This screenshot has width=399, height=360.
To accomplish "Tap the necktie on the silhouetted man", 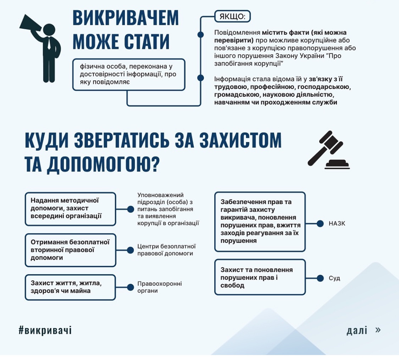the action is pyautogui.click(x=49, y=43).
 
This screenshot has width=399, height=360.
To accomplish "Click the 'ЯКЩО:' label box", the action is pyautogui.click(x=233, y=17).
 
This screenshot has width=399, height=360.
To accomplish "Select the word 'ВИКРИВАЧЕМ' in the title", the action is pyautogui.click(x=126, y=18).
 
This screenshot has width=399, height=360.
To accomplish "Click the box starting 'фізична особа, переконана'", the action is pyautogui.click(x=129, y=74).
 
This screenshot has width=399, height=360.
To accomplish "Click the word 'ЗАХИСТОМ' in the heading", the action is pyautogui.click(x=240, y=140).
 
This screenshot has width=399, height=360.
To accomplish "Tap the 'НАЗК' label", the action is pyautogui.click(x=337, y=224).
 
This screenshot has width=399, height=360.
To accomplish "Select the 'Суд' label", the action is pyautogui.click(x=334, y=278).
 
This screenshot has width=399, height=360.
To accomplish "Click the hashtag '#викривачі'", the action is pyautogui.click(x=45, y=330).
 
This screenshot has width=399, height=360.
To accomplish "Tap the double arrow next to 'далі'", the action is pyautogui.click(x=378, y=330).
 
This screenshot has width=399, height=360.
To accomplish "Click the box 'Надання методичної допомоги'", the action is pyautogui.click(x=71, y=209).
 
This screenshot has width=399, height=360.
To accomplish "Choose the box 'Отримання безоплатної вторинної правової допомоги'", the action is pyautogui.click(x=71, y=250).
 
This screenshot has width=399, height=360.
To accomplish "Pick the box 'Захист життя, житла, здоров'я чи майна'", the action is pyautogui.click(x=70, y=287).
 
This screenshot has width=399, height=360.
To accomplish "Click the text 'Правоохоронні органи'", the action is pyautogui.click(x=160, y=287).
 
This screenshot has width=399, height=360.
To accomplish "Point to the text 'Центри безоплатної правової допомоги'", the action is pyautogui.click(x=166, y=250).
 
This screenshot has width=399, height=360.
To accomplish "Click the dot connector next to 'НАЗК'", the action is pyautogui.click(x=320, y=224).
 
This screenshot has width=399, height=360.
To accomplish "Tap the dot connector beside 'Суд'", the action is pyautogui.click(x=320, y=278).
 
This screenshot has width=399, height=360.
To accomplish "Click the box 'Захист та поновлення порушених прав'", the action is pyautogui.click(x=260, y=277).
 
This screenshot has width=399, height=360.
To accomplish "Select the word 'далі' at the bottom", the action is pyautogui.click(x=357, y=330).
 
